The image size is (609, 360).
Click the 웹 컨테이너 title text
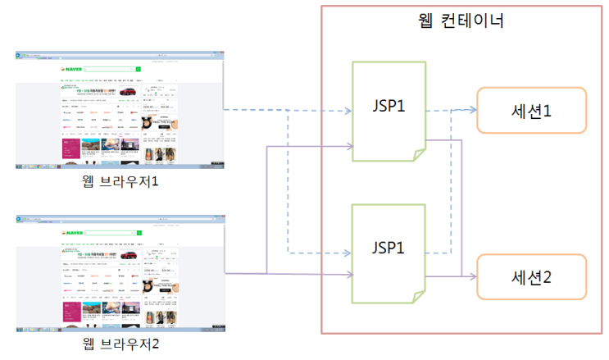[460, 20]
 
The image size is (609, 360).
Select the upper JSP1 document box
[388, 108]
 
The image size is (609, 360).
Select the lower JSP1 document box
[388, 253]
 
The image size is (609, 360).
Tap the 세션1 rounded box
[532, 110]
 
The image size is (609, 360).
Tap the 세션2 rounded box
[532, 278]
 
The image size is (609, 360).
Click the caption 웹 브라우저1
[120, 181]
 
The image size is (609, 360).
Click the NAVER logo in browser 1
[72, 69]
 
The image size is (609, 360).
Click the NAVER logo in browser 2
[72, 230]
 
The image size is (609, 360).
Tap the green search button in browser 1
[139, 69]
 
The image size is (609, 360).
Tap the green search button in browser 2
[139, 230]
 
